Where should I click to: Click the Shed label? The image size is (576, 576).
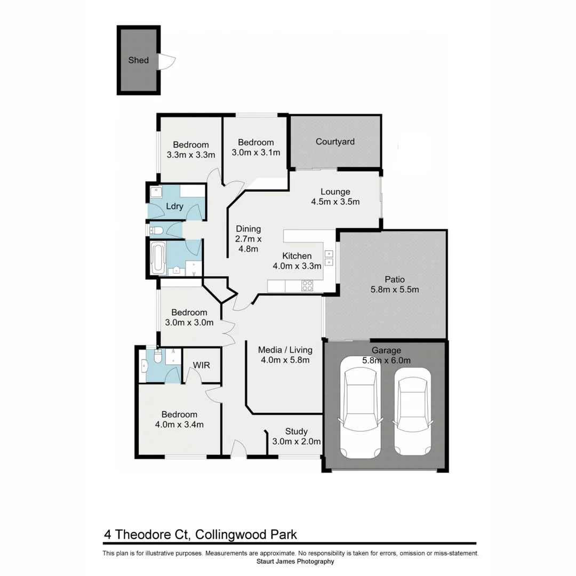tap(138, 60)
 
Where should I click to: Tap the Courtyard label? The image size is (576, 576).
tap(335, 141)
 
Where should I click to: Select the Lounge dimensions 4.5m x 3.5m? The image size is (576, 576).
tap(335, 202)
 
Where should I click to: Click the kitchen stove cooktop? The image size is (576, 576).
tap(308, 286)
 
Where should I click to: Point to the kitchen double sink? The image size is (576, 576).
tap(329, 258)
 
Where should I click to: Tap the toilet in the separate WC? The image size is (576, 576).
tap(156, 230)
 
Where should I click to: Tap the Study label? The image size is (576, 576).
tap(296, 431)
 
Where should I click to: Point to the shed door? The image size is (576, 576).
tap(167, 61)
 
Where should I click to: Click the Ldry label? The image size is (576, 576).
tap(175, 206)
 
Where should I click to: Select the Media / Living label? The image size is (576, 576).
tap(285, 350)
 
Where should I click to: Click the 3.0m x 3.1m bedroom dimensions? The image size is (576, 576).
tap(255, 152)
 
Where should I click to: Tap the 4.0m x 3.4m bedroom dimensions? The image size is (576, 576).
tap(179, 425)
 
